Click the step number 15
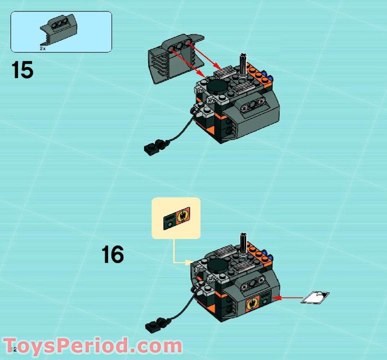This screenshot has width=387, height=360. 23,71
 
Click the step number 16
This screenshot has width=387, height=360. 112,254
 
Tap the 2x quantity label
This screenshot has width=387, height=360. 42,48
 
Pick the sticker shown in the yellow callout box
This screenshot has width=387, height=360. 176,219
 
